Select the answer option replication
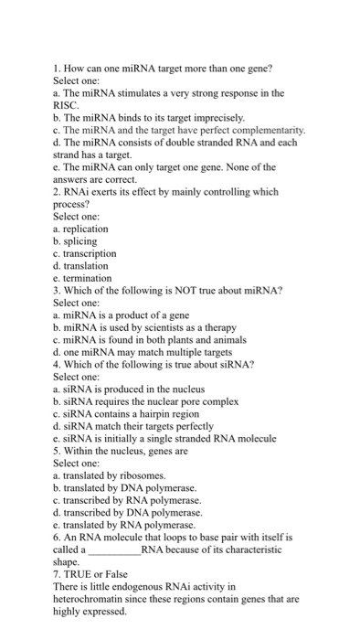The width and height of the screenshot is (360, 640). coord(87,228)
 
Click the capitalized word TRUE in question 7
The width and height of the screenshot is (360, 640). coord(82,574)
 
